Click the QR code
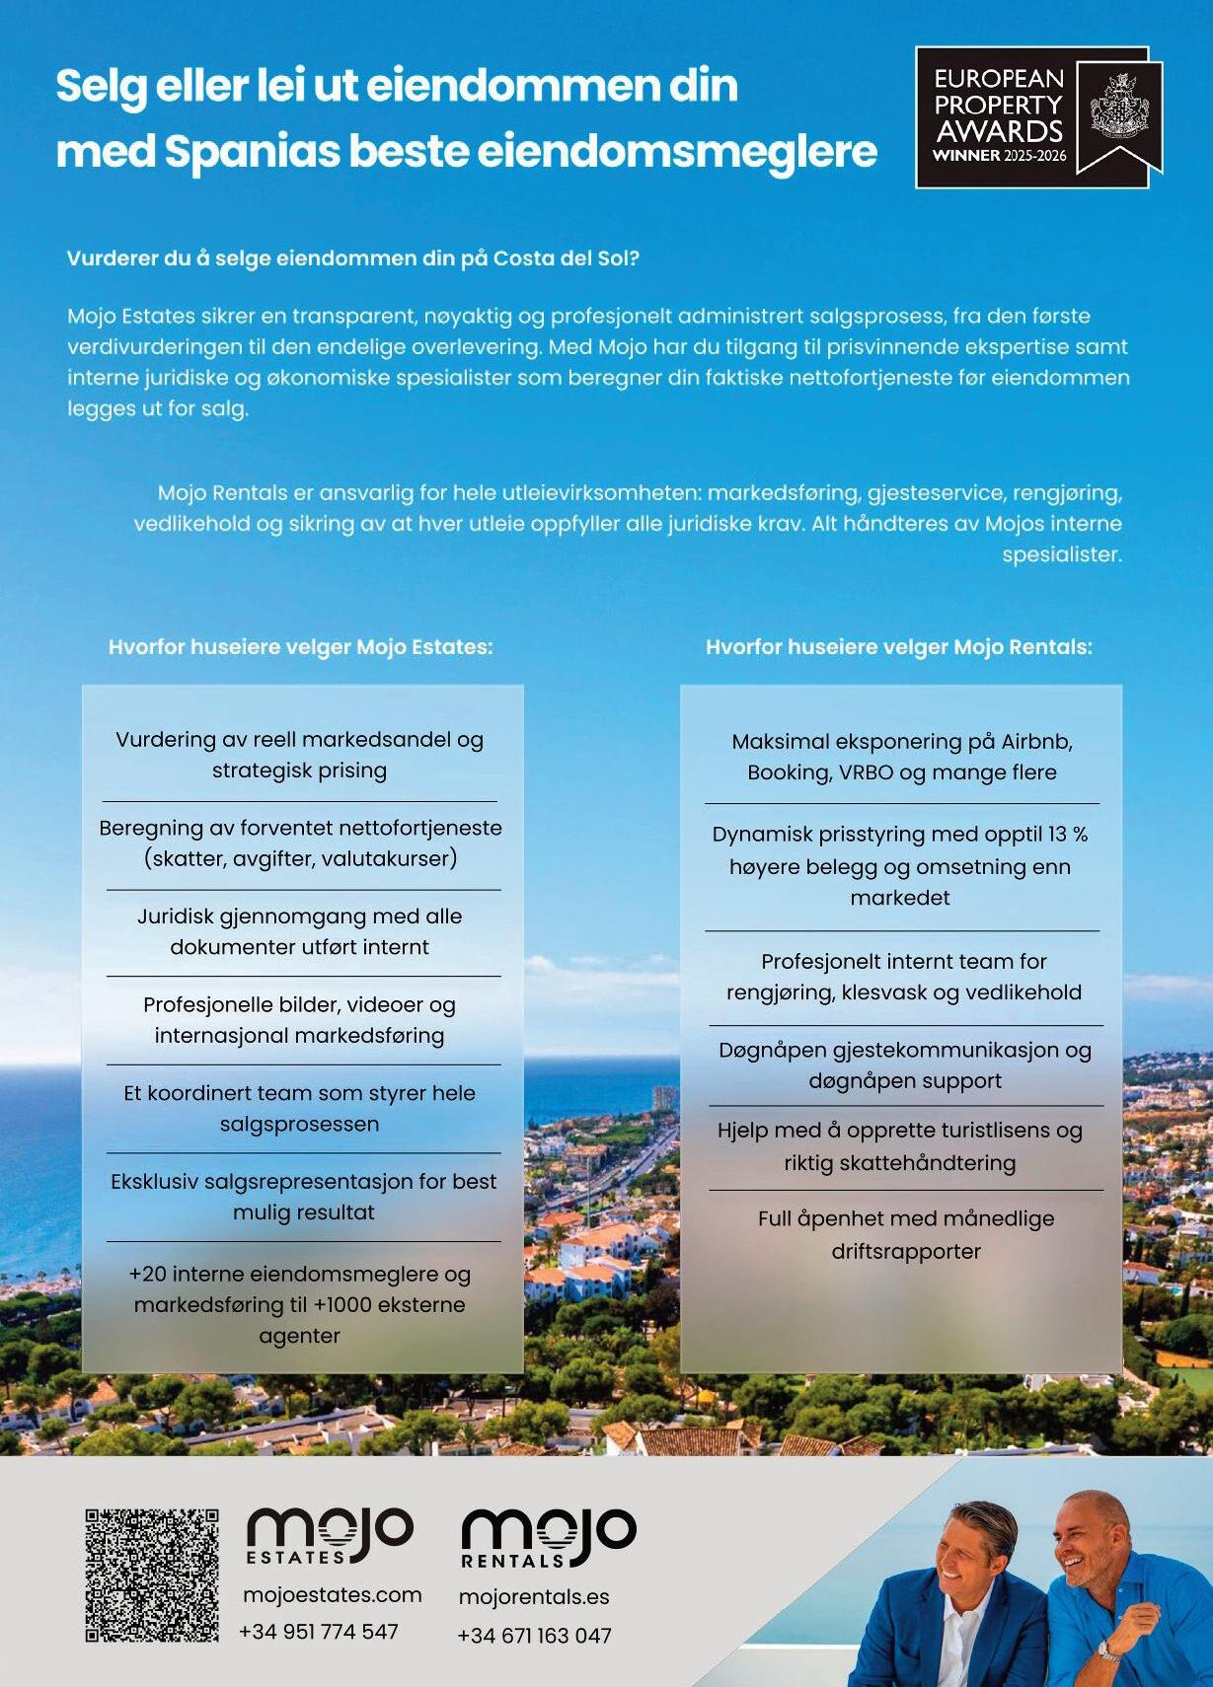pyautogui.click(x=151, y=1575)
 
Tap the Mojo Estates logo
pyautogui.click(x=330, y=1535)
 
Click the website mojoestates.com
pyautogui.click(x=332, y=1595)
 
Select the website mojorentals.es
pyautogui.click(x=534, y=1597)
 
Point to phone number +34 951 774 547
pyautogui.click(x=319, y=1632)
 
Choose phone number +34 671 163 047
pyautogui.click(x=534, y=1636)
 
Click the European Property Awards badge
pyautogui.click(x=1038, y=116)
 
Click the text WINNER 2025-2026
pyautogui.click(x=999, y=156)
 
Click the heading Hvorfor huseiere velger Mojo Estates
pyautogui.click(x=300, y=647)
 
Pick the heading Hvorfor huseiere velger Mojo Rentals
pyautogui.click(x=899, y=647)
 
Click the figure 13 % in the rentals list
pyautogui.click(x=1067, y=835)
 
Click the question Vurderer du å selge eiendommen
pyautogui.click(x=353, y=258)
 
